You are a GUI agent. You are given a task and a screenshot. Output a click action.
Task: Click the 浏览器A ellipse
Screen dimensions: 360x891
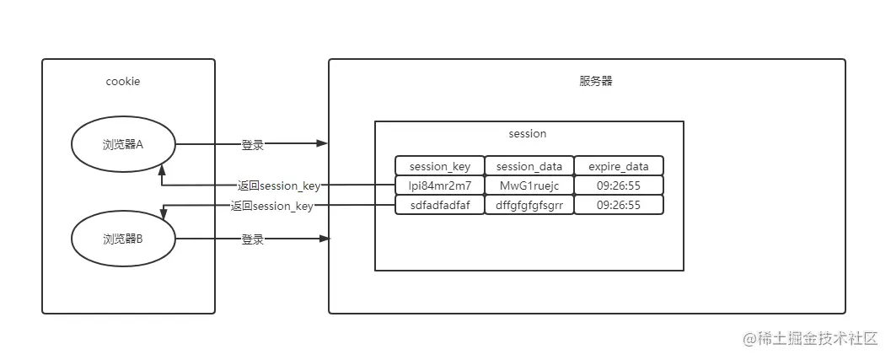(x=123, y=145)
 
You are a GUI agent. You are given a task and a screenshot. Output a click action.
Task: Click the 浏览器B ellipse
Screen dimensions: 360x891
(x=123, y=239)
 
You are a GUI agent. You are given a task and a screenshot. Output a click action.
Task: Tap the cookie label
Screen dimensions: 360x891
(x=123, y=82)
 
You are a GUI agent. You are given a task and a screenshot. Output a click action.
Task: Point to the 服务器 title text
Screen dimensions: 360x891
(x=595, y=82)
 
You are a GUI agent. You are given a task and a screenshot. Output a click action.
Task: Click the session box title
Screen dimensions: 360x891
(x=528, y=133)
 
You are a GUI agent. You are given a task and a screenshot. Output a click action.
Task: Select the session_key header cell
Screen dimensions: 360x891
(x=440, y=166)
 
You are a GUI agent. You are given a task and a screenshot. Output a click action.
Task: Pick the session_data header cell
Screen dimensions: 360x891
(x=529, y=166)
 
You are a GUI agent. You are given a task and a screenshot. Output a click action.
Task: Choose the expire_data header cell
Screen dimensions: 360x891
(x=619, y=166)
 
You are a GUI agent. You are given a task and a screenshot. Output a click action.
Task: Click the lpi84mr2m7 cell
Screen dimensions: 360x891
(x=440, y=185)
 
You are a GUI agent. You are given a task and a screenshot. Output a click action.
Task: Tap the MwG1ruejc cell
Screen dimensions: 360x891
(x=529, y=185)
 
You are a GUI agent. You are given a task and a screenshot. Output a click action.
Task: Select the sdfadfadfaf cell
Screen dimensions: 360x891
(x=440, y=205)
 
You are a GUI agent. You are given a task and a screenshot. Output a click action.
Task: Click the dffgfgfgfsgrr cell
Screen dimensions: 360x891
(x=529, y=205)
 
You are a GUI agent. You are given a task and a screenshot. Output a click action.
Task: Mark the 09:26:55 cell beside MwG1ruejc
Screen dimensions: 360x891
(x=619, y=185)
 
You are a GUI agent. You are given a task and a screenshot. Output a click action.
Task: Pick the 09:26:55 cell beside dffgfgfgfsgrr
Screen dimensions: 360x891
(x=619, y=205)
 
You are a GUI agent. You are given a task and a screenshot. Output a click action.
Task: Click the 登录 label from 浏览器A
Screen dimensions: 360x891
(x=253, y=145)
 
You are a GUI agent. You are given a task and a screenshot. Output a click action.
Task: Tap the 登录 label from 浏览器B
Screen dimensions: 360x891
(x=253, y=239)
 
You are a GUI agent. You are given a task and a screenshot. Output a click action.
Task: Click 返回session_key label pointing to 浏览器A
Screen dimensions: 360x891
(x=278, y=185)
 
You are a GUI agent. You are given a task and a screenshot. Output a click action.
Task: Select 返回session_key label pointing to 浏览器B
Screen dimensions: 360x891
(x=271, y=206)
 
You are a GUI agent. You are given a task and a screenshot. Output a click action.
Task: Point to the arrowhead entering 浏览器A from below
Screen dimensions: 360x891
(x=161, y=170)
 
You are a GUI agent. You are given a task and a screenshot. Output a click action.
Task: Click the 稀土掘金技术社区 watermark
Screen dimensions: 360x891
(x=809, y=338)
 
